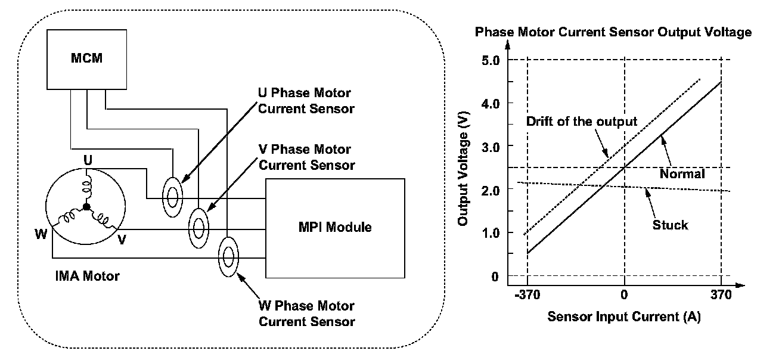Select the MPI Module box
coord(334,227)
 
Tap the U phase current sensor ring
coord(172,194)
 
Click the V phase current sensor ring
coord(199,226)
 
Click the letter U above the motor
coord(87,160)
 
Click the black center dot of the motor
coord(87,207)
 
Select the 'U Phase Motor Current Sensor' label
coord(305,101)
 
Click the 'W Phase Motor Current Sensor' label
coord(306,314)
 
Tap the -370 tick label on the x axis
coord(527,294)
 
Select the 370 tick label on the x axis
coord(721,294)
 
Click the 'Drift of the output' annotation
coord(582,122)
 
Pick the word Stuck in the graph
coord(670,225)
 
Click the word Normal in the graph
coord(682,174)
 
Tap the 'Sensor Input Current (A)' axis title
coord(623,316)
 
